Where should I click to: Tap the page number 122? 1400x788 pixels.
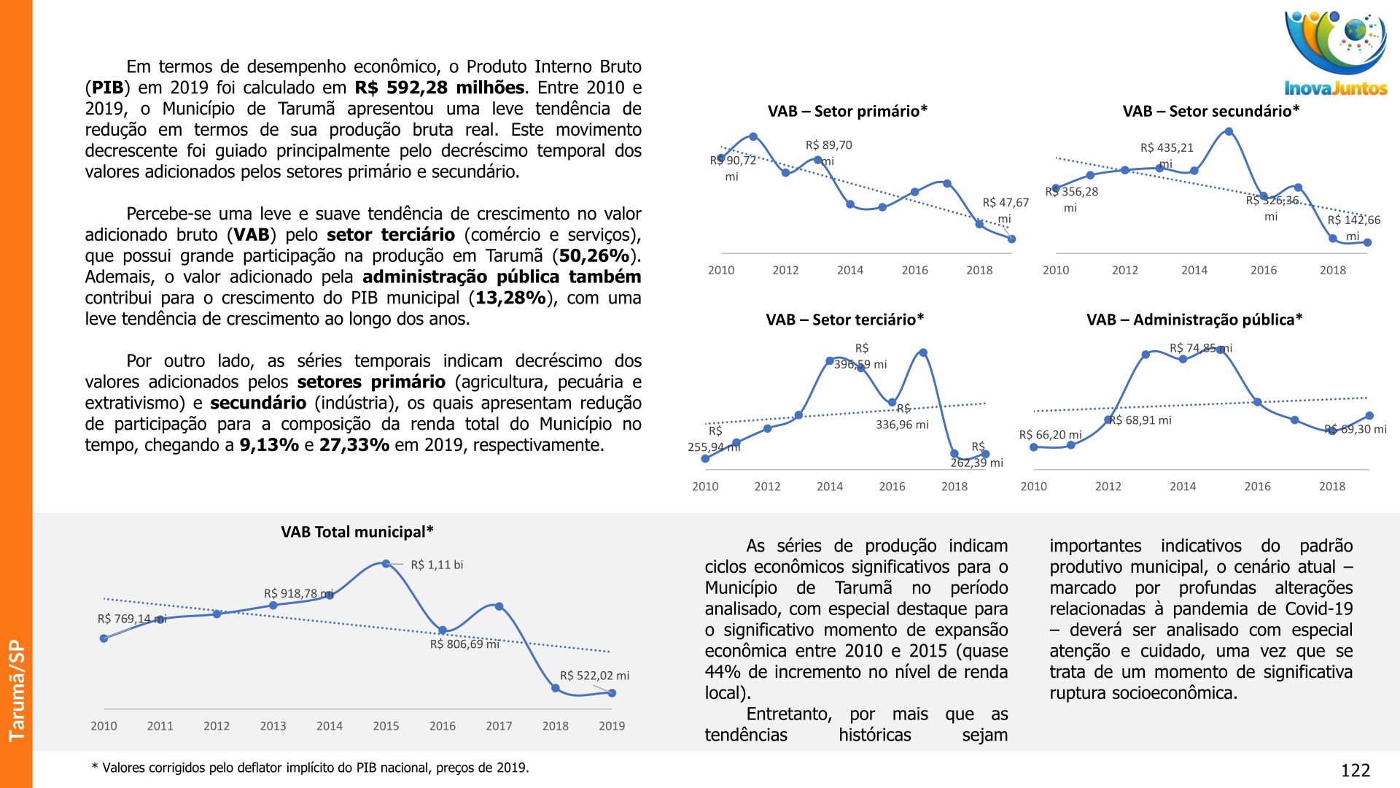pos(1356,770)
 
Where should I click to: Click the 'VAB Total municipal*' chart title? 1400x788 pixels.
pos(357,532)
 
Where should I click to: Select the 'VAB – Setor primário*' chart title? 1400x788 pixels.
pos(847,111)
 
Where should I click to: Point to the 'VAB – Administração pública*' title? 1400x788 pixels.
pos(1194,320)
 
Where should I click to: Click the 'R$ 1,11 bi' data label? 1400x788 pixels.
pos(437,565)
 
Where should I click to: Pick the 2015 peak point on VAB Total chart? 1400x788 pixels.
pos(386,563)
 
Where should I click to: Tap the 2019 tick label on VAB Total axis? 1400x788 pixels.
pos(612,726)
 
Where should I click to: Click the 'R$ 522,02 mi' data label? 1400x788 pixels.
pos(594,676)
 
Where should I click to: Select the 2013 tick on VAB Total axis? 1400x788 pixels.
pos(273,726)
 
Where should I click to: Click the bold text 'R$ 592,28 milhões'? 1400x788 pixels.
pos(440,88)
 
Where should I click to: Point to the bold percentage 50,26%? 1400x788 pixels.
pos(594,256)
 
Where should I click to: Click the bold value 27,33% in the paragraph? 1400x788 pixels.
pos(354,445)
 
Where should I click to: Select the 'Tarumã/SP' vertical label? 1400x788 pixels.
pos(16,690)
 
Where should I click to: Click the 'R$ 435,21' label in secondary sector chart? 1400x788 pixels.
pos(1167,148)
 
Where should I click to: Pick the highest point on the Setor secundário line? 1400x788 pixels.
pos(1229,131)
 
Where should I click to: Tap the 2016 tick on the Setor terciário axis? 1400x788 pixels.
pos(892,487)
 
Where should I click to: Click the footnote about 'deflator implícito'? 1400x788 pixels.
pos(310,768)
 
